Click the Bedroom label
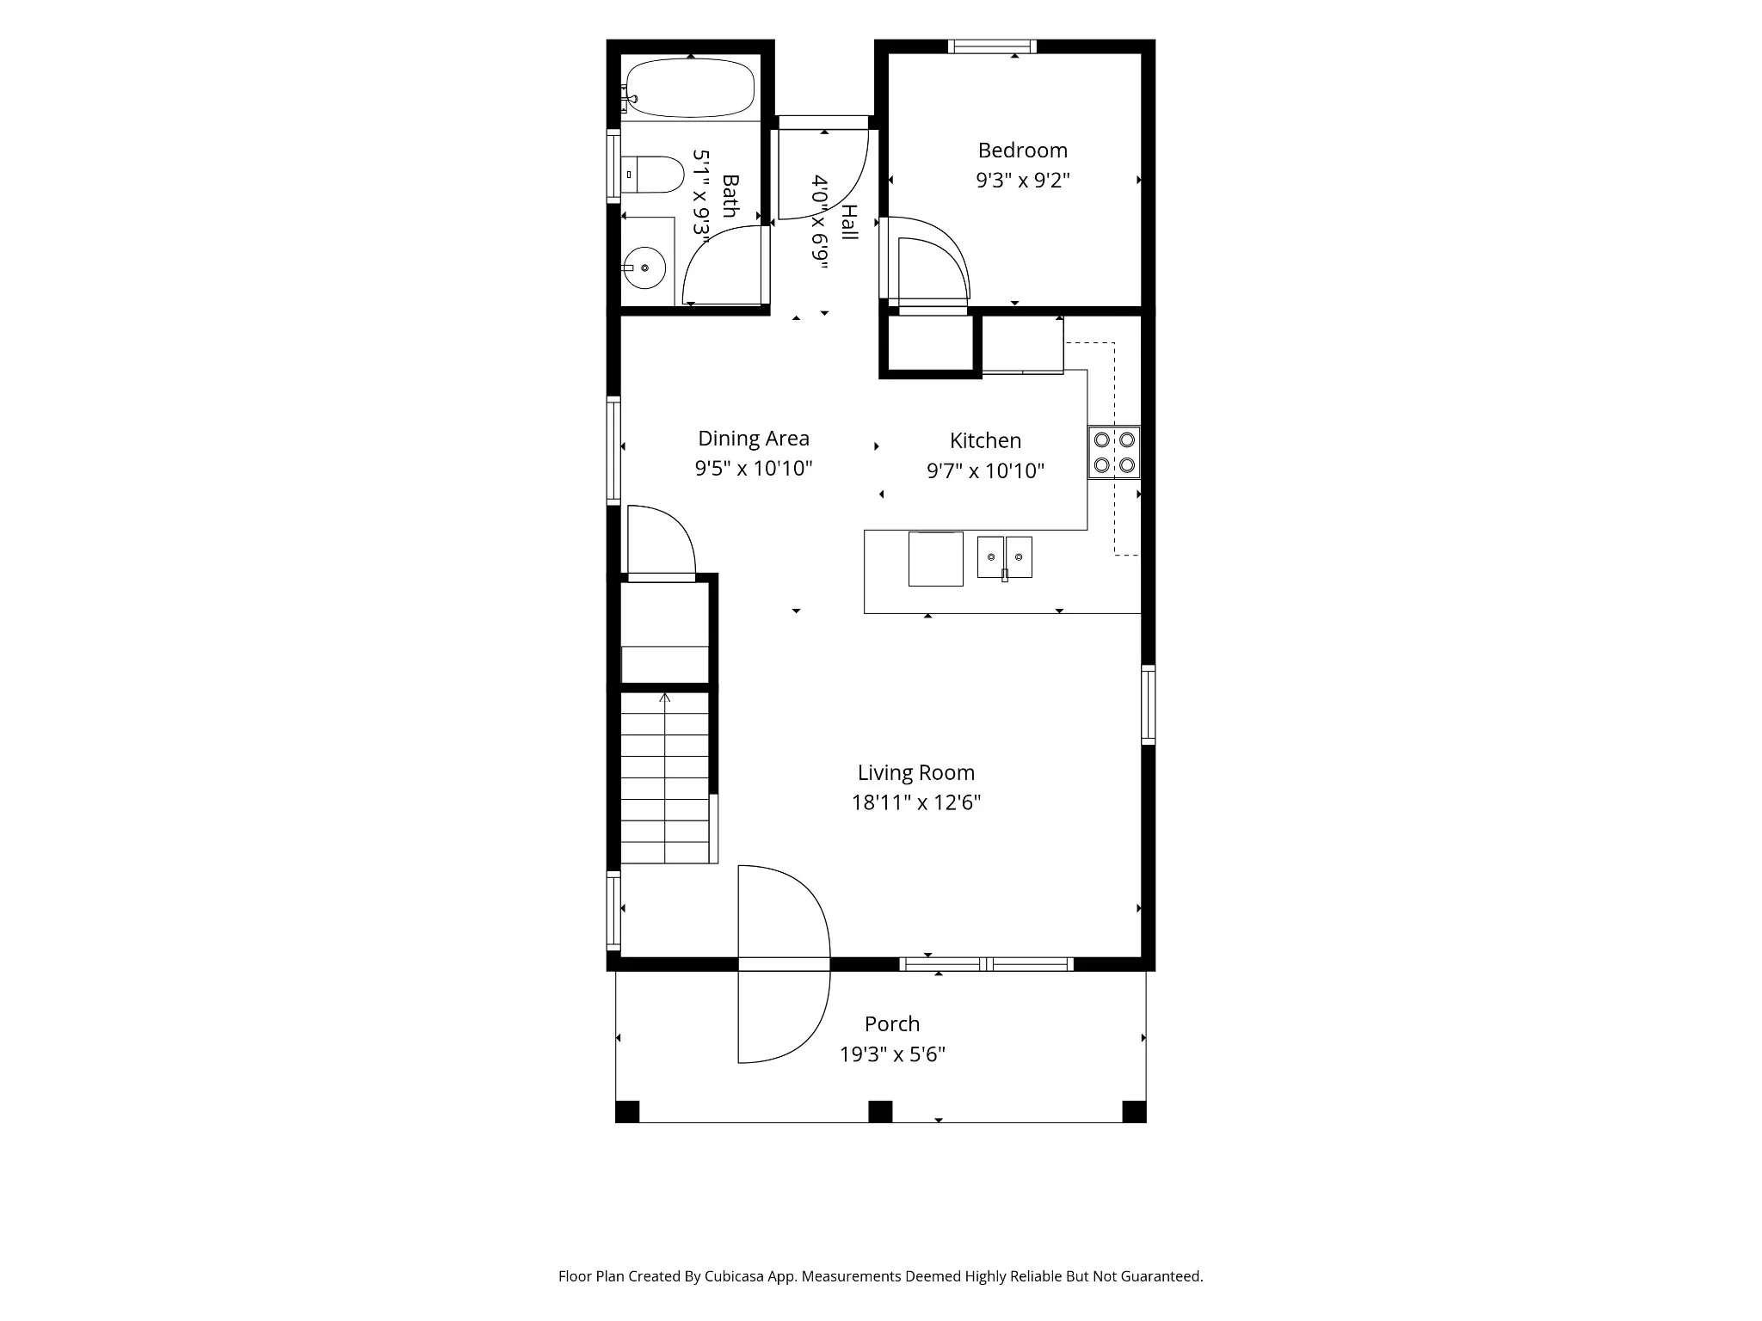point(1022,151)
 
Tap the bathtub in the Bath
point(690,88)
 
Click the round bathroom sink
point(644,268)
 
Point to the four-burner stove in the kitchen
point(1114,452)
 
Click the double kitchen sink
point(1005,557)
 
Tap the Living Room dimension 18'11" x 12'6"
point(916,802)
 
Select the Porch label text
point(892,1023)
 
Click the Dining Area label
point(754,439)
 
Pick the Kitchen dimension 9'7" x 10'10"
point(986,470)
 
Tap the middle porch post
point(880,1112)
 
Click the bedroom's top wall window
point(992,46)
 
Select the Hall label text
point(849,222)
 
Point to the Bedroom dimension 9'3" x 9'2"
point(1023,181)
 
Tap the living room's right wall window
point(1149,704)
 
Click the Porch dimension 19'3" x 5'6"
point(893,1054)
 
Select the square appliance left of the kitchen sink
point(936,559)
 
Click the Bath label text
point(730,195)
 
